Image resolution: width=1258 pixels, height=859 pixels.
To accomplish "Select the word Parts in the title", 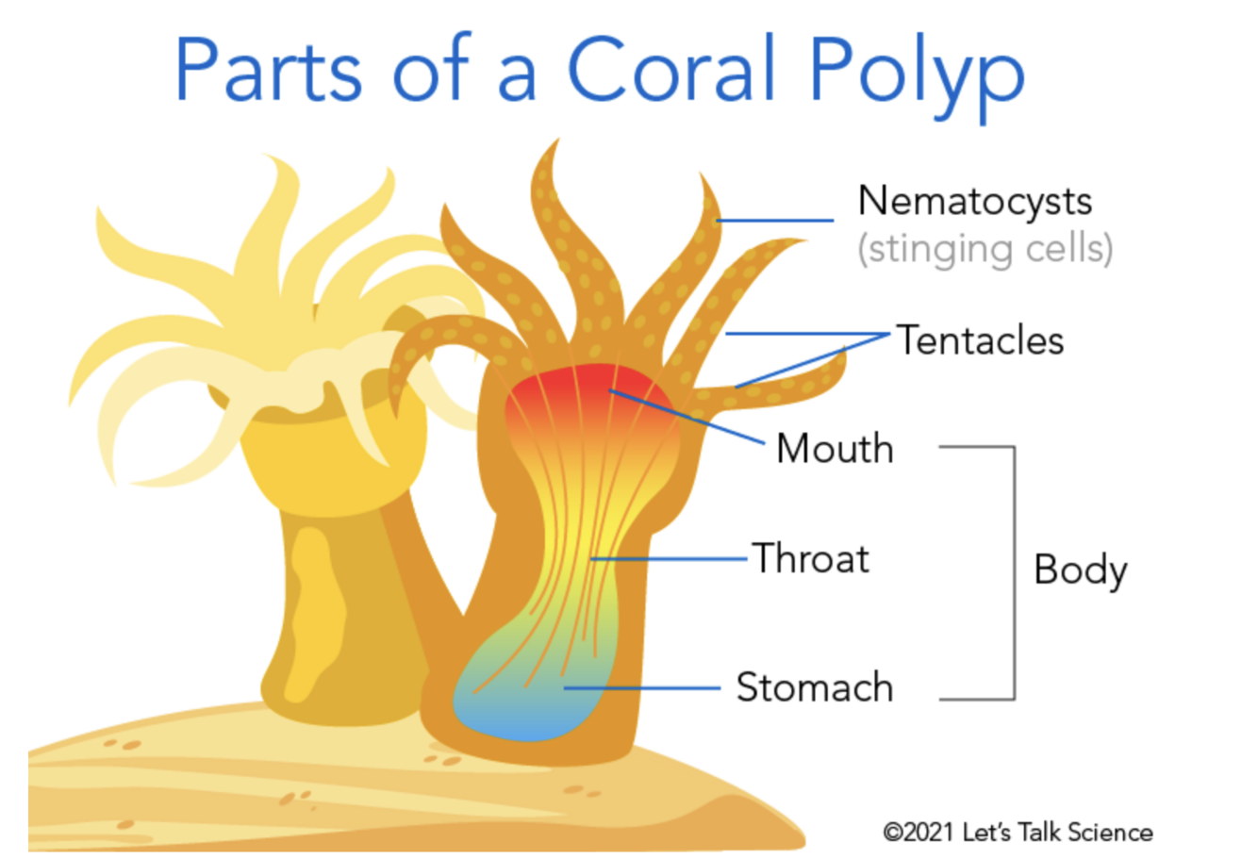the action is click(268, 71).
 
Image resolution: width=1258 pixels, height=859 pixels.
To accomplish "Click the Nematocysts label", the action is click(974, 201).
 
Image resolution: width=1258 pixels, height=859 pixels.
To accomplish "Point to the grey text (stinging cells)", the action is click(985, 248).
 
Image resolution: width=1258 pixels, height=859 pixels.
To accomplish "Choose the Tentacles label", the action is click(980, 340).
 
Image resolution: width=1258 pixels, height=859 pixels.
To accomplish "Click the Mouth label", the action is click(835, 449).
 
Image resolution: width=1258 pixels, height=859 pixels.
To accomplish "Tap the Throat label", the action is click(810, 558).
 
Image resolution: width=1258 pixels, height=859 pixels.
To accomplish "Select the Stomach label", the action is click(814, 687).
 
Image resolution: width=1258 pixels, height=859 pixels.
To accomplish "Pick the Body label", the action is click(1080, 570).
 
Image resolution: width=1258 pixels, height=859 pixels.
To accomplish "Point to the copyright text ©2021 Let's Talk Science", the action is click(1018, 833).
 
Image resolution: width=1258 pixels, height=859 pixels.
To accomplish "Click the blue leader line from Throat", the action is click(670, 559).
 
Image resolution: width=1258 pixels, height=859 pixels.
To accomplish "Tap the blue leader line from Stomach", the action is click(641, 687).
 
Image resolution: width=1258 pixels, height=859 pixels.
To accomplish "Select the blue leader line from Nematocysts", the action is click(775, 221).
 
